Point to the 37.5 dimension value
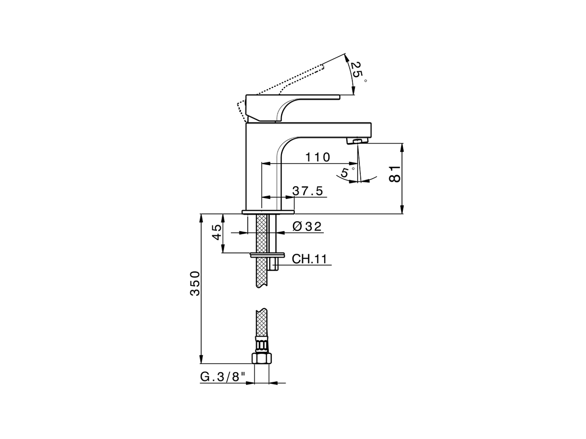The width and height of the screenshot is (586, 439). pos(308,191)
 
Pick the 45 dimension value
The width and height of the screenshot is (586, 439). pos(217,233)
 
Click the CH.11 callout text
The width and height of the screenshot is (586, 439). pos(310,259)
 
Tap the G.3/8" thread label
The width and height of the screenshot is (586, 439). pos(223,377)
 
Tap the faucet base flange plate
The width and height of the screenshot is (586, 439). pos(268,212)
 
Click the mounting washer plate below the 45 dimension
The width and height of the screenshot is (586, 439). pos(267,254)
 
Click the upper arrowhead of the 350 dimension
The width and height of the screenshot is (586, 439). pos(201,217)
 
